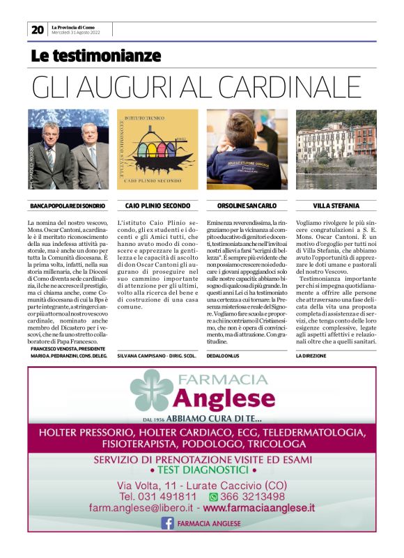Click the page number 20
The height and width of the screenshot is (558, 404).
(37, 29)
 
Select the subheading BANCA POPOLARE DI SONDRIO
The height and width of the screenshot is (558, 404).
(68, 206)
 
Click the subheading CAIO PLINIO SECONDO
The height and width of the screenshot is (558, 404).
(158, 206)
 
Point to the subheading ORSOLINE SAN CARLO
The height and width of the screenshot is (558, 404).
(247, 206)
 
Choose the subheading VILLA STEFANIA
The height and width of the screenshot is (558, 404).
(336, 206)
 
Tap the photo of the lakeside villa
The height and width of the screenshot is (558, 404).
(336, 149)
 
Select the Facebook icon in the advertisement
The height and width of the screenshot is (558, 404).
(168, 522)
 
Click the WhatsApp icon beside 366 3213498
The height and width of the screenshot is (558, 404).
(214, 497)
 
